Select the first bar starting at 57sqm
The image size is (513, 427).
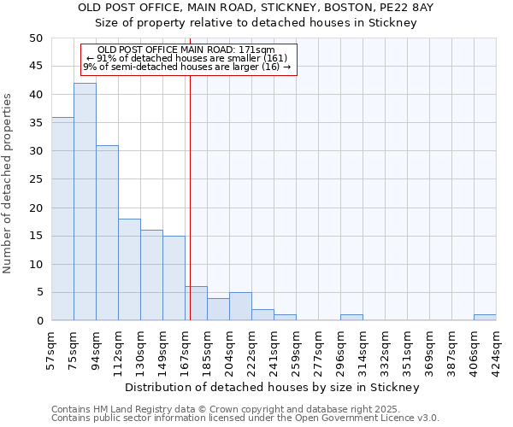tap(62, 219)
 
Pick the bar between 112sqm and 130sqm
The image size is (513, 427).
tap(129, 269)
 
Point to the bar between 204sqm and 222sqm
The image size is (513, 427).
tap(240, 307)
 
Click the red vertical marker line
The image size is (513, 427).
tap(190, 213)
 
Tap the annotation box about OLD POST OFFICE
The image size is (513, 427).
tap(188, 59)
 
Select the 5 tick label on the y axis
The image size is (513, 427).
tap(39, 292)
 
